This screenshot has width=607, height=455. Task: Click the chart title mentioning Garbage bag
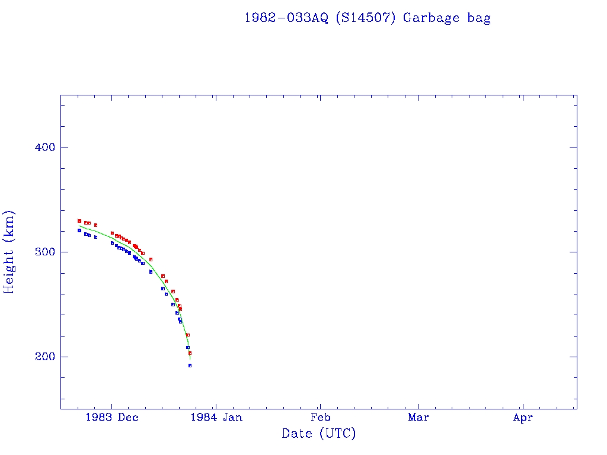click(368, 18)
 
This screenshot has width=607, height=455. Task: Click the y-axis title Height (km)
click(9, 252)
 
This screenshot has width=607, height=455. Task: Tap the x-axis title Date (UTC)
click(319, 434)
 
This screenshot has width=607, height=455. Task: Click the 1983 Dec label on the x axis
click(112, 418)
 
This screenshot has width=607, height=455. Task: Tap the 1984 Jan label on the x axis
click(216, 418)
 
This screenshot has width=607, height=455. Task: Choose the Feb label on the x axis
click(320, 418)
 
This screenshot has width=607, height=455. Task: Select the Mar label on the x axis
click(418, 418)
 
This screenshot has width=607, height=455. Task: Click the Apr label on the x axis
click(523, 418)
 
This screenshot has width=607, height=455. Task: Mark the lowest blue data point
click(190, 366)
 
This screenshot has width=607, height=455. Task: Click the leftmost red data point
click(79, 220)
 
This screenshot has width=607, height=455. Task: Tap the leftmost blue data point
click(79, 230)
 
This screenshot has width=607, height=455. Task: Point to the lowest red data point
click(190, 353)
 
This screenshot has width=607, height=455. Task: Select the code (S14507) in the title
click(366, 18)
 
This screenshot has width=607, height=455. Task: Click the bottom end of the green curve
click(190, 359)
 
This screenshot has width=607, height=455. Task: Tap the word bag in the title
click(479, 18)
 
